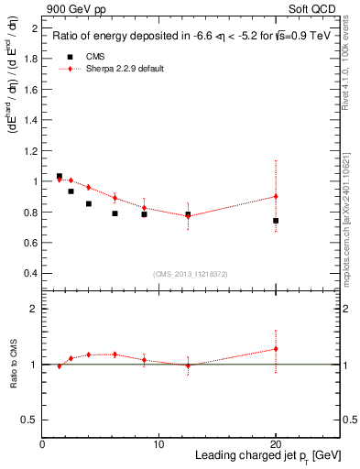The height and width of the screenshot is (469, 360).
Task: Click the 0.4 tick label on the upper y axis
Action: point(30,273)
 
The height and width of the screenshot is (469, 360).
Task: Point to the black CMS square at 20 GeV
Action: point(276,221)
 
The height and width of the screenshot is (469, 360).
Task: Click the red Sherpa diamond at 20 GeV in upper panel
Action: point(276,196)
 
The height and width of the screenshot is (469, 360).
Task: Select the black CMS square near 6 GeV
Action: point(115,213)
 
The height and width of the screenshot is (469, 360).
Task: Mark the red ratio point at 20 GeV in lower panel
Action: point(276,349)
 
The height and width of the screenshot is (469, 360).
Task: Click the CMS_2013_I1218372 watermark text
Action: point(190,274)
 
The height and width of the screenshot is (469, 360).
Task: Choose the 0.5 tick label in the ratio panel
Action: point(30,420)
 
